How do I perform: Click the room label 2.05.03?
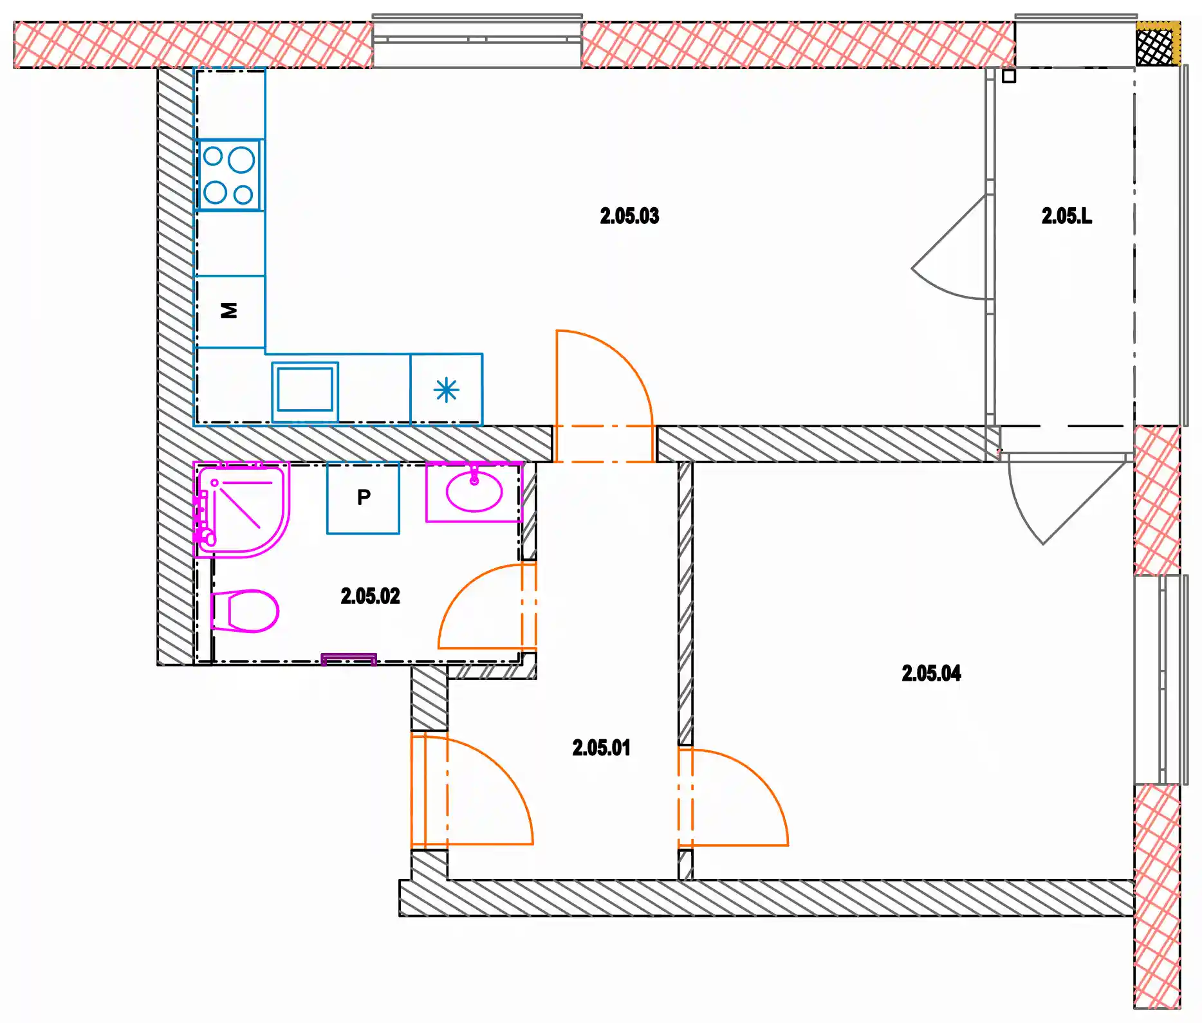pyautogui.click(x=629, y=216)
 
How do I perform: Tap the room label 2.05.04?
pyautogui.click(x=931, y=673)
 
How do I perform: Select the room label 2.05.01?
pyautogui.click(x=601, y=748)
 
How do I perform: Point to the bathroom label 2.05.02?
pyautogui.click(x=370, y=596)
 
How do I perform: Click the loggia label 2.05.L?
pyautogui.click(x=1066, y=216)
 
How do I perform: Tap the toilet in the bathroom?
pyautogui.click(x=245, y=611)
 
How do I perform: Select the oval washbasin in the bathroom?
pyautogui.click(x=474, y=492)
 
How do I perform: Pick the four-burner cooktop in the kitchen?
pyautogui.click(x=229, y=175)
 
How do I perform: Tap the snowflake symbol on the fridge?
pyautogui.click(x=447, y=390)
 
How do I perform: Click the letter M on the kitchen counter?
pyautogui.click(x=229, y=310)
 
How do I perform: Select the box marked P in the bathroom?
pyautogui.click(x=363, y=498)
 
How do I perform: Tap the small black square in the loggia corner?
pyautogui.click(x=1008, y=76)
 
